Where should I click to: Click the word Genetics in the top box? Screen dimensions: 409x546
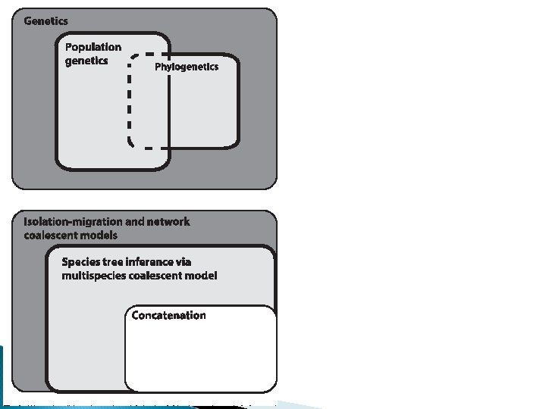click(45, 20)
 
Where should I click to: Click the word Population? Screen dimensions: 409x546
click(93, 47)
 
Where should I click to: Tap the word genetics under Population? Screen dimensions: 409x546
click(86, 61)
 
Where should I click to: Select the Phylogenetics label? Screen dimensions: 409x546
click(187, 67)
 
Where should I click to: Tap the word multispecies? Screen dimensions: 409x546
click(95, 276)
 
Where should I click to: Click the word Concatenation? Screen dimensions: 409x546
click(168, 315)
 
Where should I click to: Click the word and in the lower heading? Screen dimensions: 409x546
click(133, 222)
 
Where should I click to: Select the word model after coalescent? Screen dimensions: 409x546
click(202, 276)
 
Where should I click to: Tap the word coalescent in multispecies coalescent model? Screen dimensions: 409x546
click(158, 276)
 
